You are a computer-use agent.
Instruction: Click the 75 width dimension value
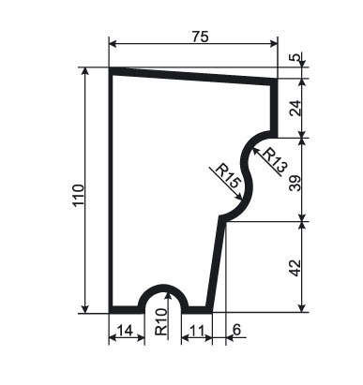[200, 37]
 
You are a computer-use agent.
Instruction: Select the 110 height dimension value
[78, 195]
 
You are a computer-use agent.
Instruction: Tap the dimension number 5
[296, 57]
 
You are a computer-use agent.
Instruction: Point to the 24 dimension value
[295, 108]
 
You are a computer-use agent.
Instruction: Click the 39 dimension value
[295, 183]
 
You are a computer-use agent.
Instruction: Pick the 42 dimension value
[295, 268]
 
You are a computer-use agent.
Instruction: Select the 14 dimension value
[125, 331]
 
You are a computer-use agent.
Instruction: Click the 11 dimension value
[197, 331]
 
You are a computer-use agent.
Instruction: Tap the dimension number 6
[236, 330]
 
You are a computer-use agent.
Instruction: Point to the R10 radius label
[161, 321]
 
